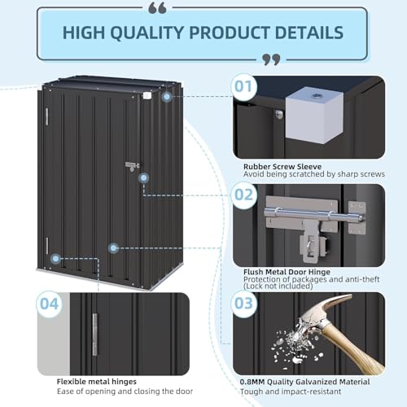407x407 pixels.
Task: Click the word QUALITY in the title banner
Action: point(147,33)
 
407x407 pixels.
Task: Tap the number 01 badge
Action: point(243,87)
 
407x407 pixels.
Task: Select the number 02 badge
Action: point(243,195)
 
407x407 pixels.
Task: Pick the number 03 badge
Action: point(243,304)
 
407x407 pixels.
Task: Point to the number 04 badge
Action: point(49,304)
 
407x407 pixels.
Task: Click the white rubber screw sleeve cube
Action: point(314,115)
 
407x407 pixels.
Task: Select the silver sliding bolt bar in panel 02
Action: point(314,214)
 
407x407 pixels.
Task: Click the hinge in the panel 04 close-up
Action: point(94,335)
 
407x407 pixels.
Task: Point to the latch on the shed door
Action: point(133,166)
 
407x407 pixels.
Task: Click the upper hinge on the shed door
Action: point(46,116)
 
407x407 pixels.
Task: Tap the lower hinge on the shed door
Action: point(47,246)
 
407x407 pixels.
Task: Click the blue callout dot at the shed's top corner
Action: point(167,97)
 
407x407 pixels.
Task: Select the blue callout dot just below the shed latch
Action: point(143,178)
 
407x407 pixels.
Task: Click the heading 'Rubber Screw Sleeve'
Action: point(282,167)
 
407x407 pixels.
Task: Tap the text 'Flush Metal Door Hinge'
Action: point(287,272)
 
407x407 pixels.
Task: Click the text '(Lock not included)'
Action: point(278,286)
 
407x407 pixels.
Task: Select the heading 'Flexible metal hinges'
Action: point(97,382)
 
